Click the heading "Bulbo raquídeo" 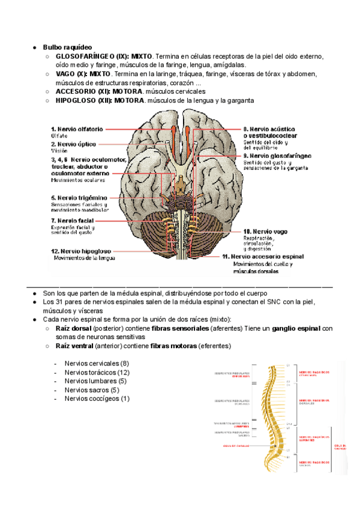coord(67,46)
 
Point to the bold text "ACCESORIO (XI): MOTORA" coord(99,92)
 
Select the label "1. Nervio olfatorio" coord(77,128)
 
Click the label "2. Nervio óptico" coord(73,144)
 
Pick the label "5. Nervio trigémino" coord(79,197)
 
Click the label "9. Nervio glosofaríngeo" coord(277,155)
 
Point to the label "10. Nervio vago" coord(266,231)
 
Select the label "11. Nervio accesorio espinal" coord(263,257)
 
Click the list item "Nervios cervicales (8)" coord(96,364)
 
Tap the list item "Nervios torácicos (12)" coord(97,372)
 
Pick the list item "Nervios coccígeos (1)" coord(97,399)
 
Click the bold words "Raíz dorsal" coord(74,329)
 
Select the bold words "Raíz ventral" coord(75,346)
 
